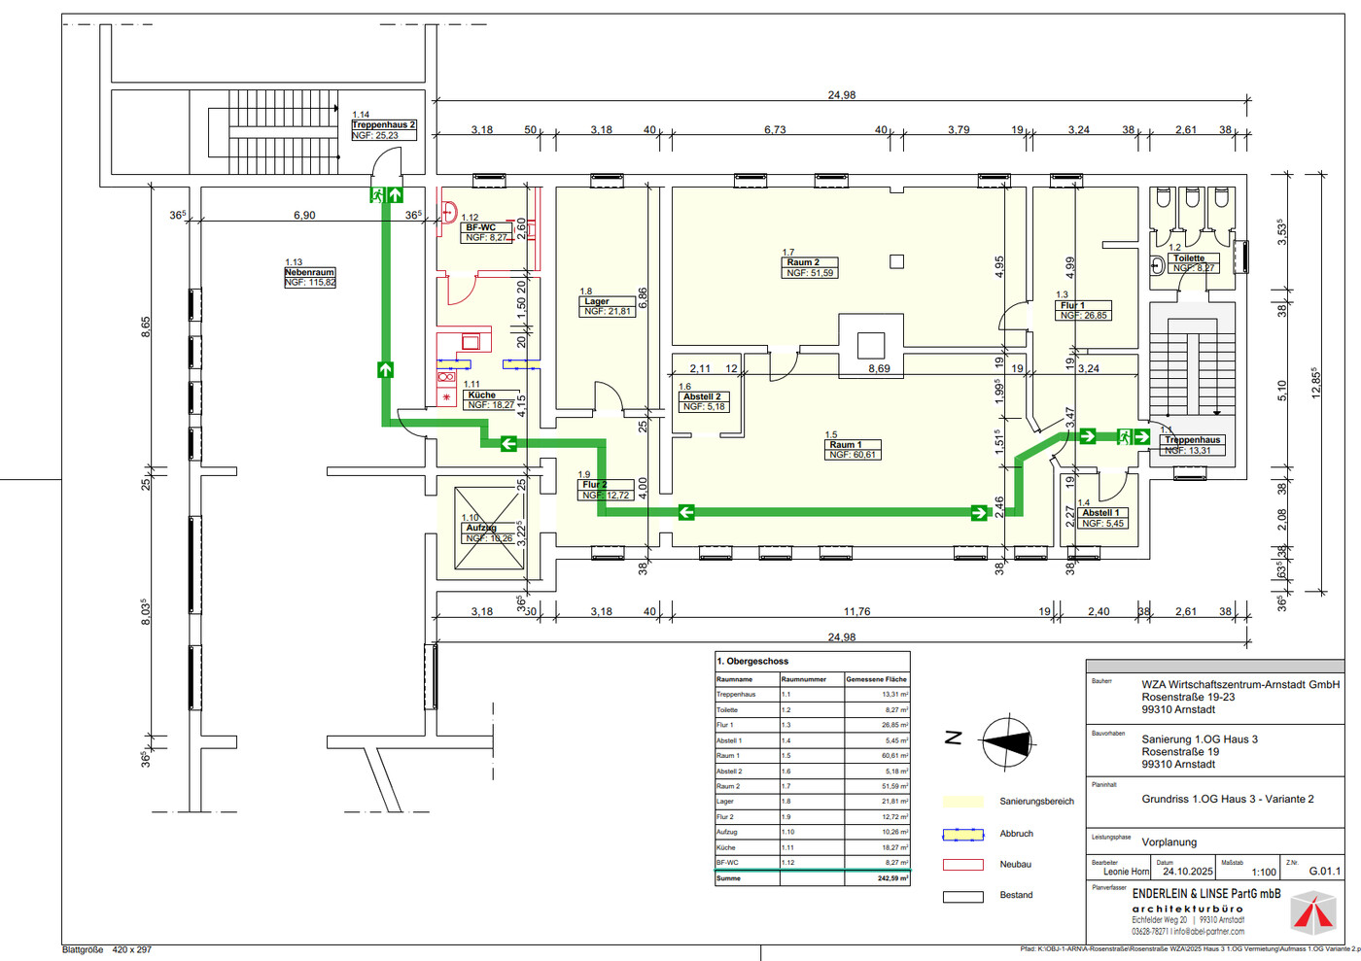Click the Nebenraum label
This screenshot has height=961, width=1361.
[309, 273]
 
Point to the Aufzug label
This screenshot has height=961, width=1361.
[481, 528]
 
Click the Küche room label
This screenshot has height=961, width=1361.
[481, 395]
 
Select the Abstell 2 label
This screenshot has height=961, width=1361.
[702, 396]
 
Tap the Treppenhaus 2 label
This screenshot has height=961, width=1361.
[383, 125]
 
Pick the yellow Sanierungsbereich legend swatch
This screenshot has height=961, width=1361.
[962, 802]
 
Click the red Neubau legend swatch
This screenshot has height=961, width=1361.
[962, 865]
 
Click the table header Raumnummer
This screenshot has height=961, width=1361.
[804, 679]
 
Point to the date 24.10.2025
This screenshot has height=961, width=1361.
[1187, 872]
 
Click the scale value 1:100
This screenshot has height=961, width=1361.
[1264, 873]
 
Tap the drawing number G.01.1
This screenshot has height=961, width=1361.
[1324, 872]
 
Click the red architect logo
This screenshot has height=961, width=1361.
[1312, 913]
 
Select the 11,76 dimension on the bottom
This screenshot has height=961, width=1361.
[856, 611]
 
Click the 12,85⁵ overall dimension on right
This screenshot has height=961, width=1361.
[1315, 383]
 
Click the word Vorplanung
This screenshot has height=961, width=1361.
[1169, 842]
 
